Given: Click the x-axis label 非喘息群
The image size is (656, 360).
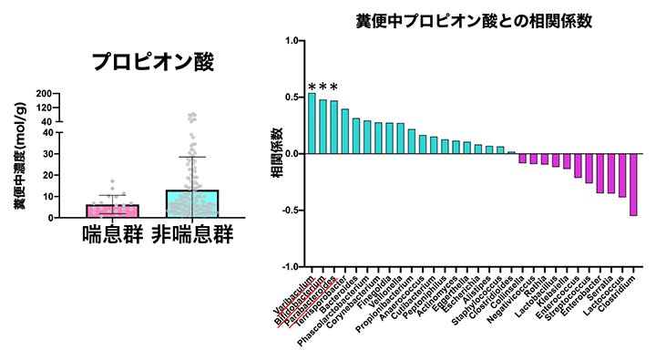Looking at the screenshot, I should tap(192, 234).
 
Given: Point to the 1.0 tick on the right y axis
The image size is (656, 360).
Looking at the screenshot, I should tap(293, 41).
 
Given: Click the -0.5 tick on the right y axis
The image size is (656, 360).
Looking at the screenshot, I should tap(292, 210).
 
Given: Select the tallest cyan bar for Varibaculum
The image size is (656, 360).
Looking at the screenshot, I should tap(312, 123).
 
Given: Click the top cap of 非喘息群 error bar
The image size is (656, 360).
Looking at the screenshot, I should tap(191, 158).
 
